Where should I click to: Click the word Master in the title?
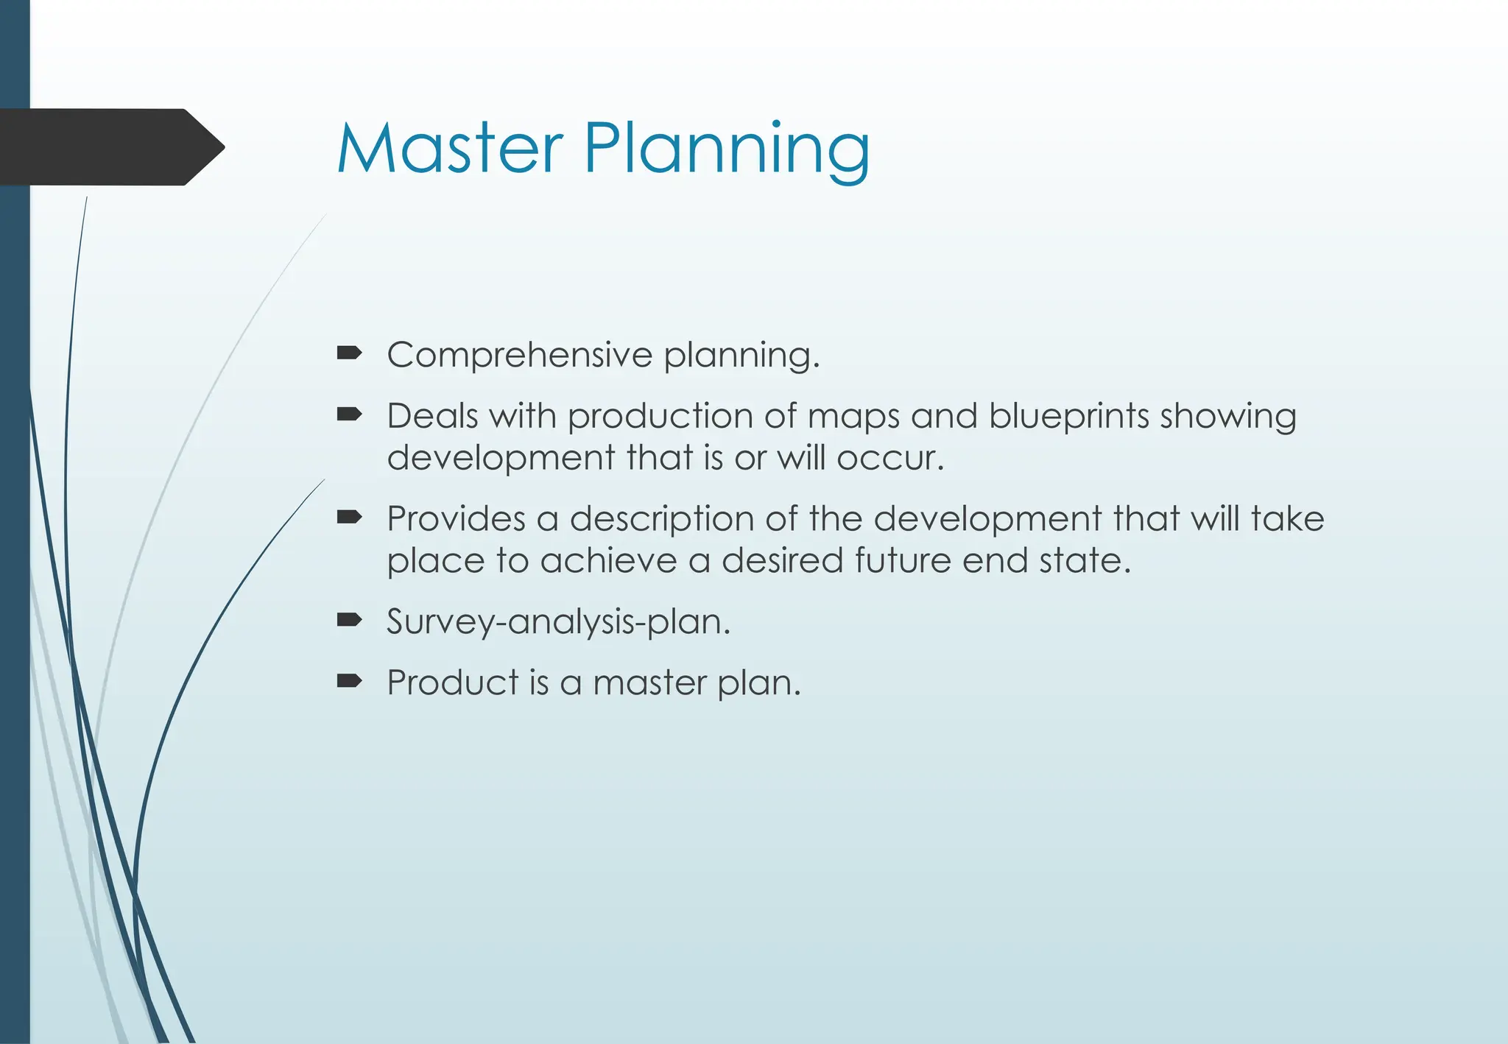[449, 149]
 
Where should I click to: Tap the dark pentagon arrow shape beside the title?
[110, 147]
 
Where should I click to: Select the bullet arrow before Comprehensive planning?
[349, 354]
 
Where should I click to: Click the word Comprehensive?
[519, 356]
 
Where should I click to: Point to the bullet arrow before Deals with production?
[349, 415]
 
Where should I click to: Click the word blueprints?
[1068, 417]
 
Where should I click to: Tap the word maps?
[853, 417]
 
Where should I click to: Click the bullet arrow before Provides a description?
[349, 518]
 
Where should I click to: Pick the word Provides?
[456, 518]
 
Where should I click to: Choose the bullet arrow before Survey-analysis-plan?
[349, 620]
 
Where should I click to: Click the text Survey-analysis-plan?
[558, 622]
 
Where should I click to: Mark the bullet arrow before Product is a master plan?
[349, 681]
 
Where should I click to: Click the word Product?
[453, 682]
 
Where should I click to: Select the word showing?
[1227, 417]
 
